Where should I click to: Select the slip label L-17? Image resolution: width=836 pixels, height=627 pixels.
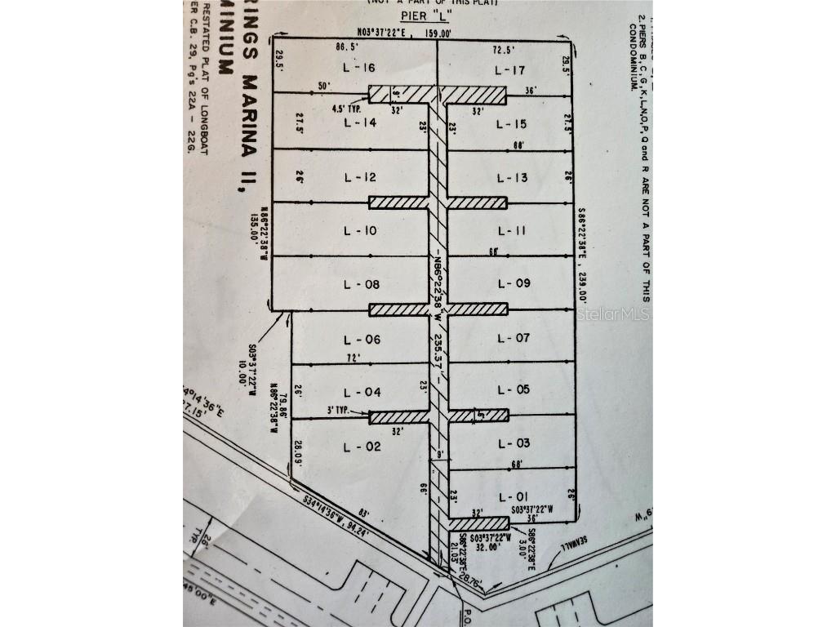tap(513, 70)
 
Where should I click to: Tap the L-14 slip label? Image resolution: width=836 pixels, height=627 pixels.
tap(359, 123)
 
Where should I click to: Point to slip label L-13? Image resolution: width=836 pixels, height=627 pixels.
tap(513, 178)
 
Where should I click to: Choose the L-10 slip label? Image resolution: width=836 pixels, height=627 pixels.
tap(359, 231)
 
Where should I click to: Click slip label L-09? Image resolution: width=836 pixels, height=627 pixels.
tap(513, 283)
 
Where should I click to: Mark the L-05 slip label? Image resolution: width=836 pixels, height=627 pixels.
tap(513, 389)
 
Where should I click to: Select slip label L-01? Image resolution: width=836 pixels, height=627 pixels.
tap(513, 496)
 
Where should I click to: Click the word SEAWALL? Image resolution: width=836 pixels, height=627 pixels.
tap(572, 550)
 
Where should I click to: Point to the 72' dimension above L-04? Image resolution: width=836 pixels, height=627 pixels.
tap(354, 358)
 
